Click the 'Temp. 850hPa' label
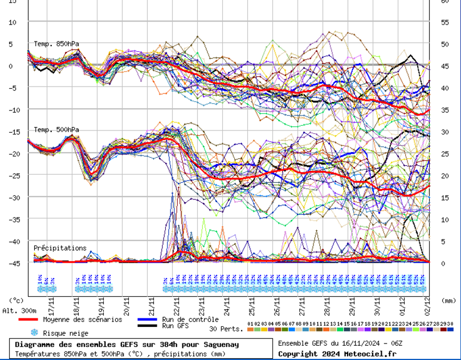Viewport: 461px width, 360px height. point(56,44)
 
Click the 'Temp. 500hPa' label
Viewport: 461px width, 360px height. point(56,130)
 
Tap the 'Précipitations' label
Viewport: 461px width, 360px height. point(60,248)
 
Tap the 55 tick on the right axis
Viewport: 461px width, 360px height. point(444,22)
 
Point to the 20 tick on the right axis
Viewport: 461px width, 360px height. point(444,176)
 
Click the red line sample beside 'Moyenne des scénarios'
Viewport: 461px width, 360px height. point(28,320)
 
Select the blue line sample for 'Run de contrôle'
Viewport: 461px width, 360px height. point(148,320)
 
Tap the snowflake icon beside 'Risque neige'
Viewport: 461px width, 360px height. point(34,333)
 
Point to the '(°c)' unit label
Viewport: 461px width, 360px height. point(16,300)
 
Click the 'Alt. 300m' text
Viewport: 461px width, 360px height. point(19,311)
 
